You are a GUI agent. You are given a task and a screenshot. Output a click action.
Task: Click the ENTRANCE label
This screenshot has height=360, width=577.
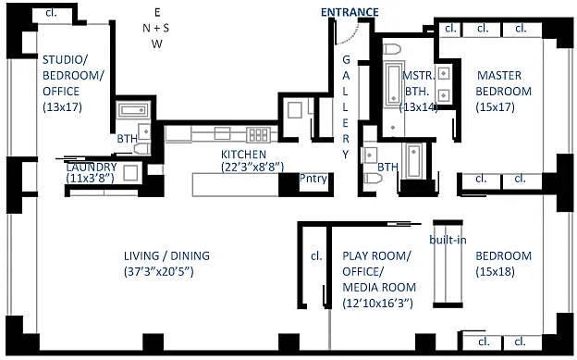349,12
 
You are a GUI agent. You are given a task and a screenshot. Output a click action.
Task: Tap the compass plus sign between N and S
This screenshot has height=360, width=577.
157,28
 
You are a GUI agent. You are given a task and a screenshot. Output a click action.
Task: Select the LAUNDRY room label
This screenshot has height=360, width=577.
91,167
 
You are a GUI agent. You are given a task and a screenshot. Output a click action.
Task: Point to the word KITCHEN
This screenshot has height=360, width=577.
243,155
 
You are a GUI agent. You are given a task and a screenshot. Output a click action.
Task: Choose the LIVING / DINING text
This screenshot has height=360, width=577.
166,256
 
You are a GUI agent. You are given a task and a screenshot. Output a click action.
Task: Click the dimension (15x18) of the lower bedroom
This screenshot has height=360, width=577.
503,271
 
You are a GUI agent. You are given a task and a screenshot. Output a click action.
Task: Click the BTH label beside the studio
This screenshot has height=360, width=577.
127,139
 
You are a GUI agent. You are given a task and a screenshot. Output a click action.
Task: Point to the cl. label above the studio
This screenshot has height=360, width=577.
48,13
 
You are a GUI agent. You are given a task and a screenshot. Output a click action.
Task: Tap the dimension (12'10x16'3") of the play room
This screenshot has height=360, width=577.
379,303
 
